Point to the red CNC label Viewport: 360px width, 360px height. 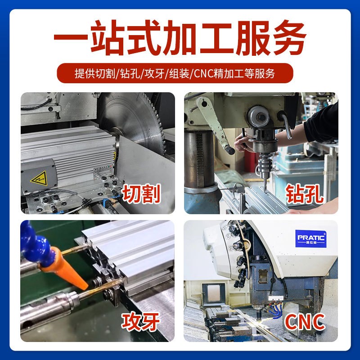coord(305,322)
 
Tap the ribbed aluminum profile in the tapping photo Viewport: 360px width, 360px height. coord(130,252)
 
